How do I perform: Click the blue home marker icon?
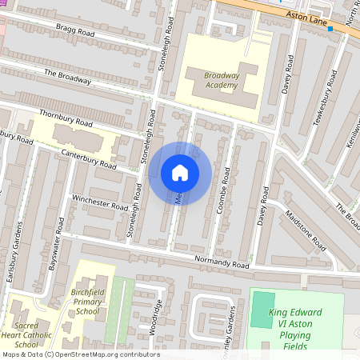click(x=180, y=173)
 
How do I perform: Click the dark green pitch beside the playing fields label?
click(x=262, y=309)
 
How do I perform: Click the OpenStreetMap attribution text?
click(x=80, y=354)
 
